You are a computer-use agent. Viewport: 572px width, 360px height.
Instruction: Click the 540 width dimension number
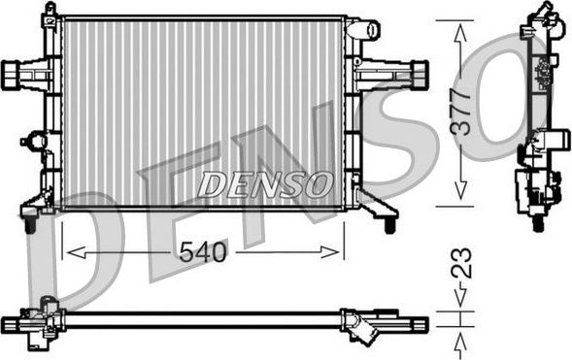203,253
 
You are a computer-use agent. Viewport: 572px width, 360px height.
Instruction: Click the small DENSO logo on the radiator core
264,181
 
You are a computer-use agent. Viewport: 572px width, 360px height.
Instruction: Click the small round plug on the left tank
36,143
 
